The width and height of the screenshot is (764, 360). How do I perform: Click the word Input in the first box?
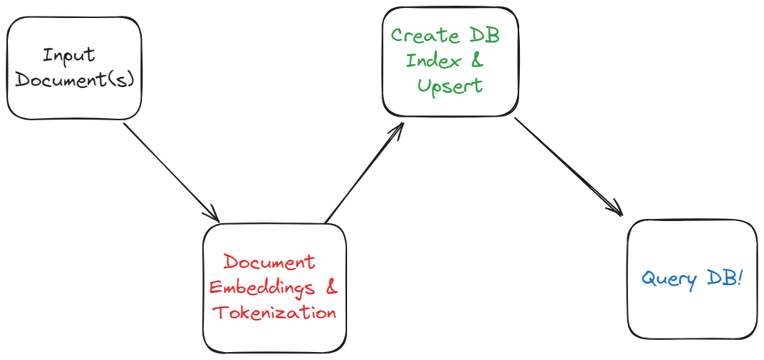(68, 56)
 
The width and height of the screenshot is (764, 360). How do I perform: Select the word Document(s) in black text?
(75, 80)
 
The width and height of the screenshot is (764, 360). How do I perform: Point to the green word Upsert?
(450, 86)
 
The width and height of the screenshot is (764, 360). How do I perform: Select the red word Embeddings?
(262, 288)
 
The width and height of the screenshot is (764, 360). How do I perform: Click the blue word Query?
(669, 279)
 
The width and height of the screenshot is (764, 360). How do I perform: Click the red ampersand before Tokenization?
(333, 287)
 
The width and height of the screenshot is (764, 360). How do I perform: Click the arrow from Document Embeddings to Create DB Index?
(364, 173)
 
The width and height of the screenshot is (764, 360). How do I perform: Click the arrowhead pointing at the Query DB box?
(618, 212)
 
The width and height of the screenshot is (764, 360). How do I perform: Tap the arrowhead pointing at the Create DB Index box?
(400, 127)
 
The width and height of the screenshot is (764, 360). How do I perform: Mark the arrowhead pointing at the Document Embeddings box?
(215, 217)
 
